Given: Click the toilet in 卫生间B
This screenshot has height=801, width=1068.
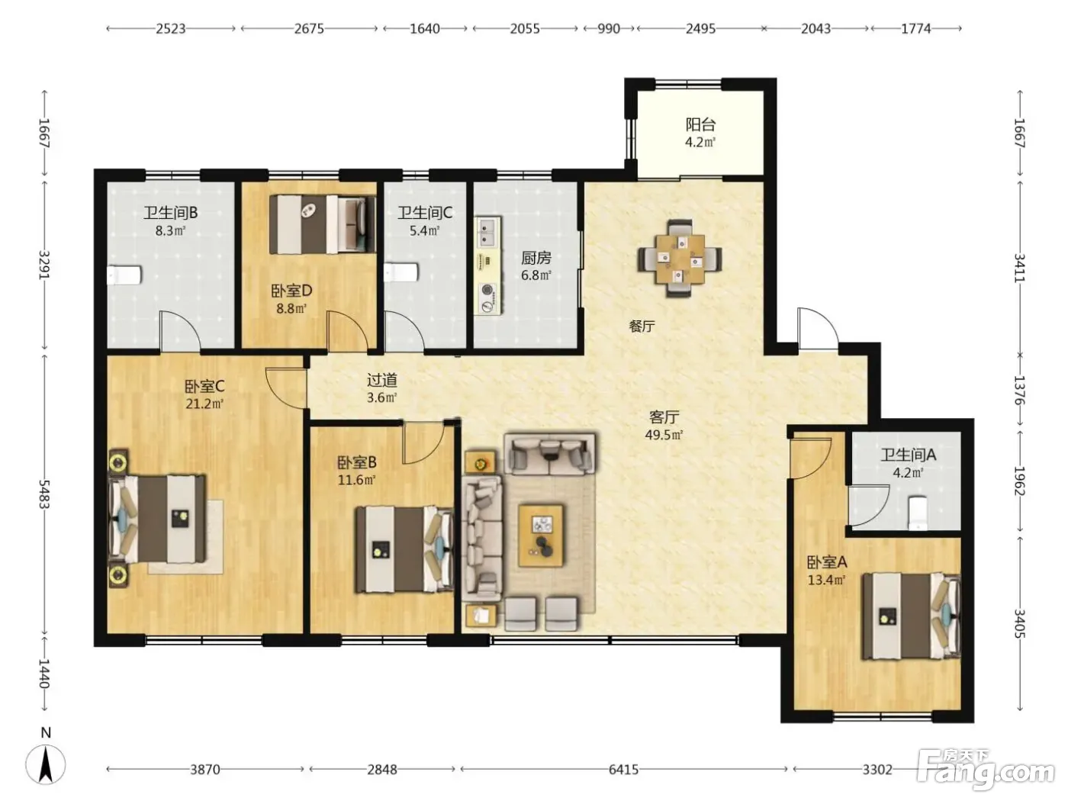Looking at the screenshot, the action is tap(124, 275).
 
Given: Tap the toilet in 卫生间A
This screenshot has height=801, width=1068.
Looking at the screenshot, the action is tap(918, 512).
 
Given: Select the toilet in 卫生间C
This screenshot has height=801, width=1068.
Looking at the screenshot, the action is tap(401, 272).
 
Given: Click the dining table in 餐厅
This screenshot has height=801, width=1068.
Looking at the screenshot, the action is tap(680, 259).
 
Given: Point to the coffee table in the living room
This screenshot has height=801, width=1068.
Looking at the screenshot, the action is tap(541, 536).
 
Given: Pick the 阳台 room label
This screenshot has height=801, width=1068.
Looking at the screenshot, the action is tap(700, 125).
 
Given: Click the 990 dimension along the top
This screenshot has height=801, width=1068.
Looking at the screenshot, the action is tap(609, 29).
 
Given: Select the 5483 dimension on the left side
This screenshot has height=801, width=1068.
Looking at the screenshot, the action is tap(44, 494).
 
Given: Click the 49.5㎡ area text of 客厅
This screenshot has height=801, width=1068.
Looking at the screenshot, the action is tap(664, 434).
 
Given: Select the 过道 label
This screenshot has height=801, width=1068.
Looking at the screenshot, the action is tap(382, 379).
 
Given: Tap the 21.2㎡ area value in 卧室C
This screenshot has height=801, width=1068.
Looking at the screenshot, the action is tap(204, 404).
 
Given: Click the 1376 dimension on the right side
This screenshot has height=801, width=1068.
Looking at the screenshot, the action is tap(1019, 390).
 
